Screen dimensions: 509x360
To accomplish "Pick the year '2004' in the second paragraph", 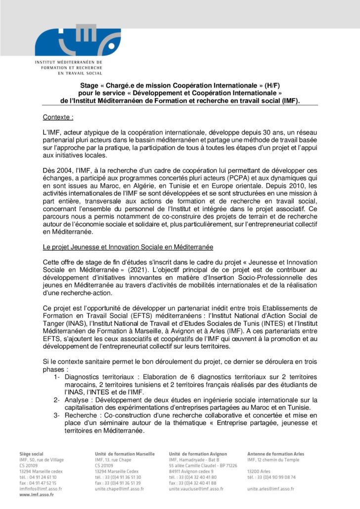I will (x=65, y=170).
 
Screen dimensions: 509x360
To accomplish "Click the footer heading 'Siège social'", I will (x=31, y=454).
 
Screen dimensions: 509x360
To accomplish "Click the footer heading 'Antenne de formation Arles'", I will (x=275, y=454).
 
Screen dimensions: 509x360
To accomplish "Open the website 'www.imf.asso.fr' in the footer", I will (x=37, y=494).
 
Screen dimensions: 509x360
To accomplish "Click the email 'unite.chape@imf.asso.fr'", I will (x=119, y=489).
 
